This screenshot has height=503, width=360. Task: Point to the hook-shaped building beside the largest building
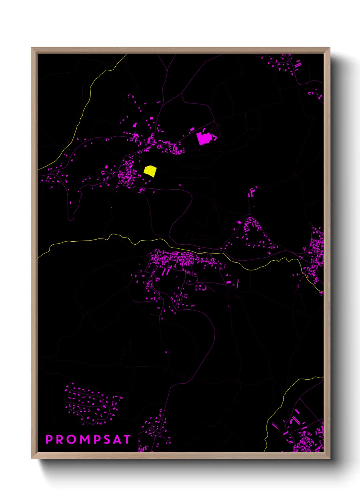point(215,137)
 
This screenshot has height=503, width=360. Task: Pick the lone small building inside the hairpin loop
point(70,203)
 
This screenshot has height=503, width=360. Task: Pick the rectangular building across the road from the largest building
point(192,129)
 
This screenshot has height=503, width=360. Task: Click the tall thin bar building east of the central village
point(238,284)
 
